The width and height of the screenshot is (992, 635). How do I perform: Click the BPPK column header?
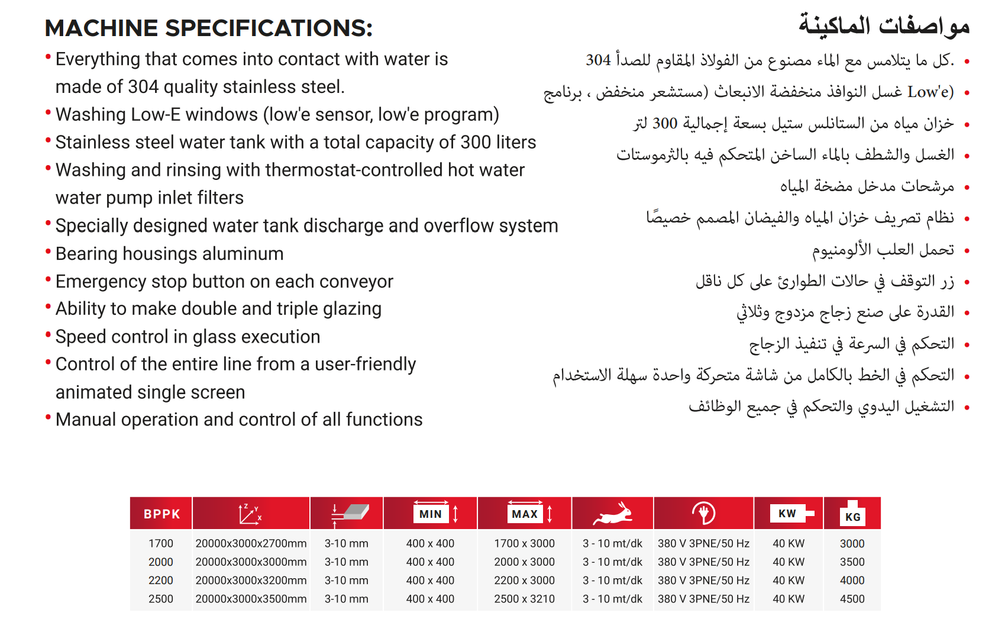(x=161, y=514)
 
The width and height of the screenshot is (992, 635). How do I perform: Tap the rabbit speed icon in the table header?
(x=613, y=513)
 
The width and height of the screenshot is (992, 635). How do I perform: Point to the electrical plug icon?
(x=703, y=513)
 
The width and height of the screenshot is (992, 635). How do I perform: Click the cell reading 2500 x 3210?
(x=524, y=599)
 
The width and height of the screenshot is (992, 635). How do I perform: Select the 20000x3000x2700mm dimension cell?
(x=251, y=543)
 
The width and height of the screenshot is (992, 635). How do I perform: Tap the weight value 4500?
(x=852, y=599)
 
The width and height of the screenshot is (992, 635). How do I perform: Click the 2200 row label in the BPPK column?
(x=161, y=581)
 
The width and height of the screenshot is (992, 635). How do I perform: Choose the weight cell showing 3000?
(x=852, y=543)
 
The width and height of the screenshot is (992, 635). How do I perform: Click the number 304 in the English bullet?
(x=143, y=87)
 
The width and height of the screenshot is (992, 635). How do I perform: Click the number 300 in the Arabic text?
(x=664, y=124)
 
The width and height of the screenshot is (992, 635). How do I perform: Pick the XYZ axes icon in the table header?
(x=250, y=514)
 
